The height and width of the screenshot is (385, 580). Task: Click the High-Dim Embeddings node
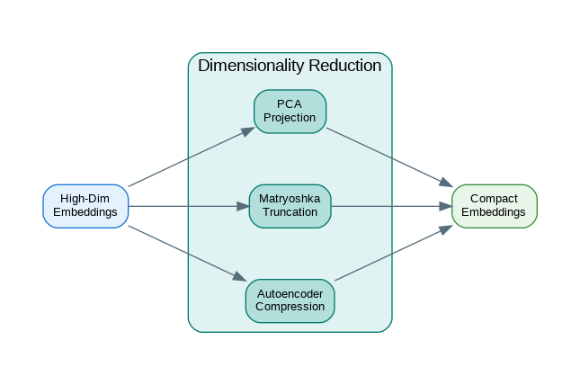[85, 206]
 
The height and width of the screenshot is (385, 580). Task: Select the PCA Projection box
[290, 112]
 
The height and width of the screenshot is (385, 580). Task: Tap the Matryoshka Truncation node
[290, 206]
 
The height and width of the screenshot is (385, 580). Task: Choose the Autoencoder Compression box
[290, 300]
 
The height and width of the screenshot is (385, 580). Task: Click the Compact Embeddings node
[494, 206]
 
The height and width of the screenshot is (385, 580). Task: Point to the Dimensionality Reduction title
[290, 66]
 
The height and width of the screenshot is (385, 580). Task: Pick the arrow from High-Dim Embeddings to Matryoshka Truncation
[189, 206]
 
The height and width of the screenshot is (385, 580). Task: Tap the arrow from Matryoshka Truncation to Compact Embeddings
[391, 206]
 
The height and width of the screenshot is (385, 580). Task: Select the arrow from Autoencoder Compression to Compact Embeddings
[392, 253]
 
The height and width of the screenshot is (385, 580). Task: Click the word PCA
[290, 104]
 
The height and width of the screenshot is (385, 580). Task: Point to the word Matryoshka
[290, 199]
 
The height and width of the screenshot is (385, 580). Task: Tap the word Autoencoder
[290, 293]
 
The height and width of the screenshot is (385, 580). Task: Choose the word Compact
[494, 199]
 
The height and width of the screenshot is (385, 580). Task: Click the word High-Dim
[85, 199]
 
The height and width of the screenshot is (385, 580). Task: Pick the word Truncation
[290, 213]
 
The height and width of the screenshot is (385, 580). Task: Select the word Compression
[290, 307]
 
